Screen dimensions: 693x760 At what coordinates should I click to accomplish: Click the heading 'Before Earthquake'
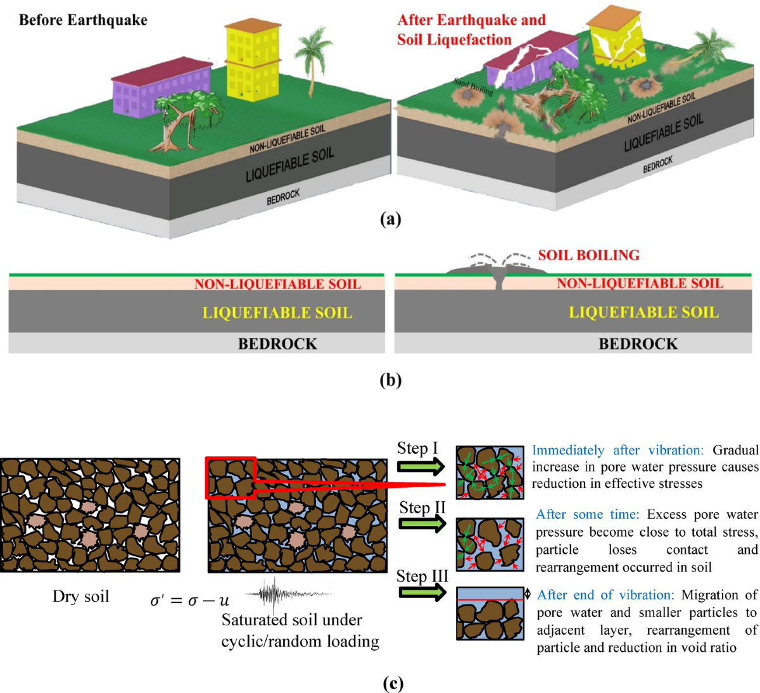[x=83, y=20]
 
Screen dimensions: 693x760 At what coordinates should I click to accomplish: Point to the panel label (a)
[x=390, y=219]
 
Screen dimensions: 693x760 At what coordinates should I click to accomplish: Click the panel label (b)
[x=390, y=380]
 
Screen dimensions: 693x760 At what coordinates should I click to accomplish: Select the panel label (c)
[x=393, y=684]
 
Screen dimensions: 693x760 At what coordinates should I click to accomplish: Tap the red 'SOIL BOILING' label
[x=588, y=255]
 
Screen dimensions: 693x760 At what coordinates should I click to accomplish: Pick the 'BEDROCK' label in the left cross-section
[x=277, y=344]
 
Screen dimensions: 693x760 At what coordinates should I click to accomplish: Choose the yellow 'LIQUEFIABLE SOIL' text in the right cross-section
[x=643, y=312]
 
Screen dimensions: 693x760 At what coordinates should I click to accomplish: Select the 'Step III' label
[x=422, y=576]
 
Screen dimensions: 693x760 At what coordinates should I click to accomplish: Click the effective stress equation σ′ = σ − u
[x=189, y=600]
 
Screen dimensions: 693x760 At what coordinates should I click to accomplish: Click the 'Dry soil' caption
[x=80, y=596]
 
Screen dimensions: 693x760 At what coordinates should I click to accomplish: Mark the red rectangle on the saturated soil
[x=231, y=477]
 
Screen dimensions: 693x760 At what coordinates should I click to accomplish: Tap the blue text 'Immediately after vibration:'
[x=617, y=450]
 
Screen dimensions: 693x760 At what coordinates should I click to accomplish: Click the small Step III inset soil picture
[x=490, y=613]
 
